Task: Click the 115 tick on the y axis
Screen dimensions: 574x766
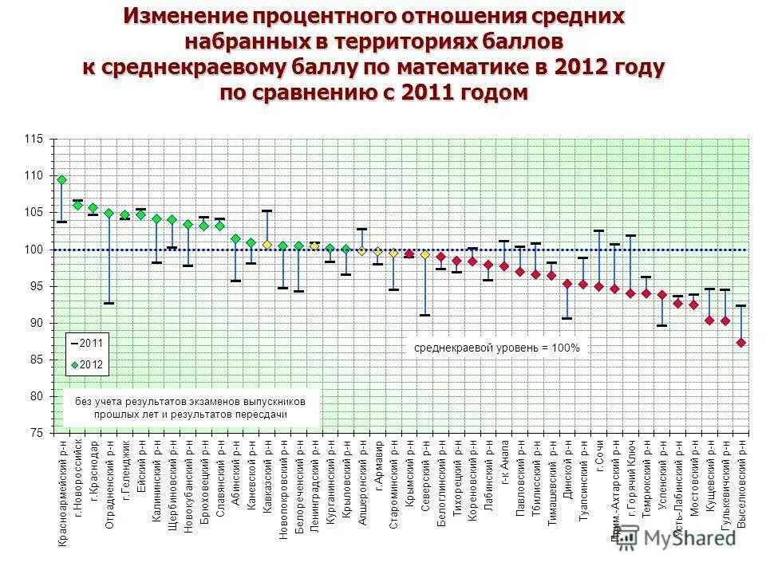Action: tap(34, 140)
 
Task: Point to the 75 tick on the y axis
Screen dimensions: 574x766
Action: tap(37, 432)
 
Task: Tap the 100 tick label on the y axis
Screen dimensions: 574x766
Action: tap(34, 250)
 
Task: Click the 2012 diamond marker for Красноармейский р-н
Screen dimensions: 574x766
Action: tap(61, 179)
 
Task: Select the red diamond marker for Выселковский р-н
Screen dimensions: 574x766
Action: tap(741, 342)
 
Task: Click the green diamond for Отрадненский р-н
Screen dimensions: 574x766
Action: tap(109, 213)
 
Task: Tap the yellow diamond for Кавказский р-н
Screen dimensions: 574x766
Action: tap(267, 244)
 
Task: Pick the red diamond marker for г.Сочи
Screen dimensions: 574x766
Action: tap(598, 286)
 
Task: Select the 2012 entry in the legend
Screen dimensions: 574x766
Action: tap(91, 364)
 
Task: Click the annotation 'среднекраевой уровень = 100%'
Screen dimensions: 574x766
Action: tap(497, 348)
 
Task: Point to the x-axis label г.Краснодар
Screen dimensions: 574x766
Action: tap(93, 470)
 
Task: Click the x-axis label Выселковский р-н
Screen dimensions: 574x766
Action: tap(741, 486)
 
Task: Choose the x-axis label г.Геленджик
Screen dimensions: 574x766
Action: tap(125, 470)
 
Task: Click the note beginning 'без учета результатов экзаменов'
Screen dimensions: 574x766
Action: tap(191, 407)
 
